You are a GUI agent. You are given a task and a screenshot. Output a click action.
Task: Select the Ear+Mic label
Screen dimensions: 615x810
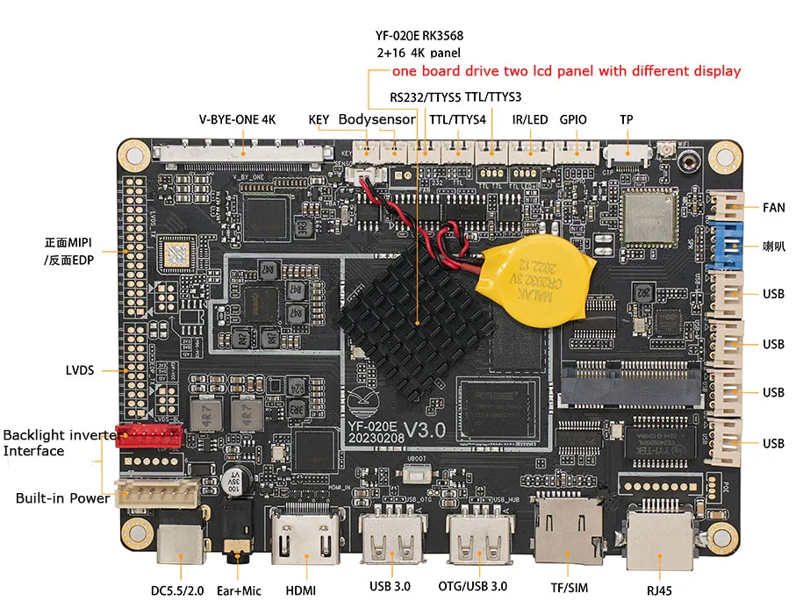(239, 590)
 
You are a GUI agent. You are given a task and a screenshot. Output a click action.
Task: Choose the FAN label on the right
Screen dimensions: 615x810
(774, 208)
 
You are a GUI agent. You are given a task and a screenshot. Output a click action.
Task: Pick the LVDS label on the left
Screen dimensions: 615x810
(82, 369)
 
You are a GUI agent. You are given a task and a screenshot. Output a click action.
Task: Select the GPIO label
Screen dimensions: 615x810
(573, 119)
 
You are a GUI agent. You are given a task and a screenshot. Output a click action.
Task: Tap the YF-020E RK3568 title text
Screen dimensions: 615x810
(419, 36)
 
